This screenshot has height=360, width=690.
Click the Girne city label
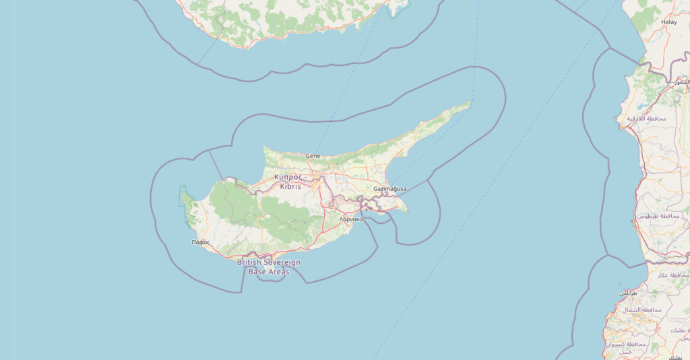coord(313,156)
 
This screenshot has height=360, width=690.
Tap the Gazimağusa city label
coord(389,189)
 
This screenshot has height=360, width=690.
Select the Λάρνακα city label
coord(351,219)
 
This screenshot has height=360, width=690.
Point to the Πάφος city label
coord(201,241)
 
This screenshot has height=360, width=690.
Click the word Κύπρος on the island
coord(288,177)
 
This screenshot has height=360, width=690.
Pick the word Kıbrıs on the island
coord(290,185)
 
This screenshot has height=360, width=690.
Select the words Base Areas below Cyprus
coord(268,272)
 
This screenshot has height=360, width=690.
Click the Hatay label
coord(669,22)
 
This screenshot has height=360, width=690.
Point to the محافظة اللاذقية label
coord(646,119)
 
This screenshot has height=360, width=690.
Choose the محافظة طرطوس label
coord(658,216)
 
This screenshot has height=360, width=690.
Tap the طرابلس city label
coord(628,294)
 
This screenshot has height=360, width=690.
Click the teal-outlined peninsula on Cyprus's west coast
coord(185,200)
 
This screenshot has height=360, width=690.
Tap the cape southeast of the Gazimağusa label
coord(406,212)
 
